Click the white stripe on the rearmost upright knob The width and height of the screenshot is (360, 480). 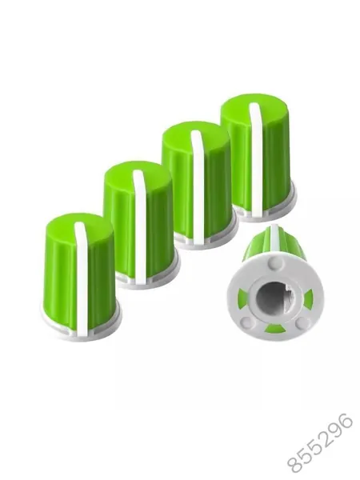[256, 159]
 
